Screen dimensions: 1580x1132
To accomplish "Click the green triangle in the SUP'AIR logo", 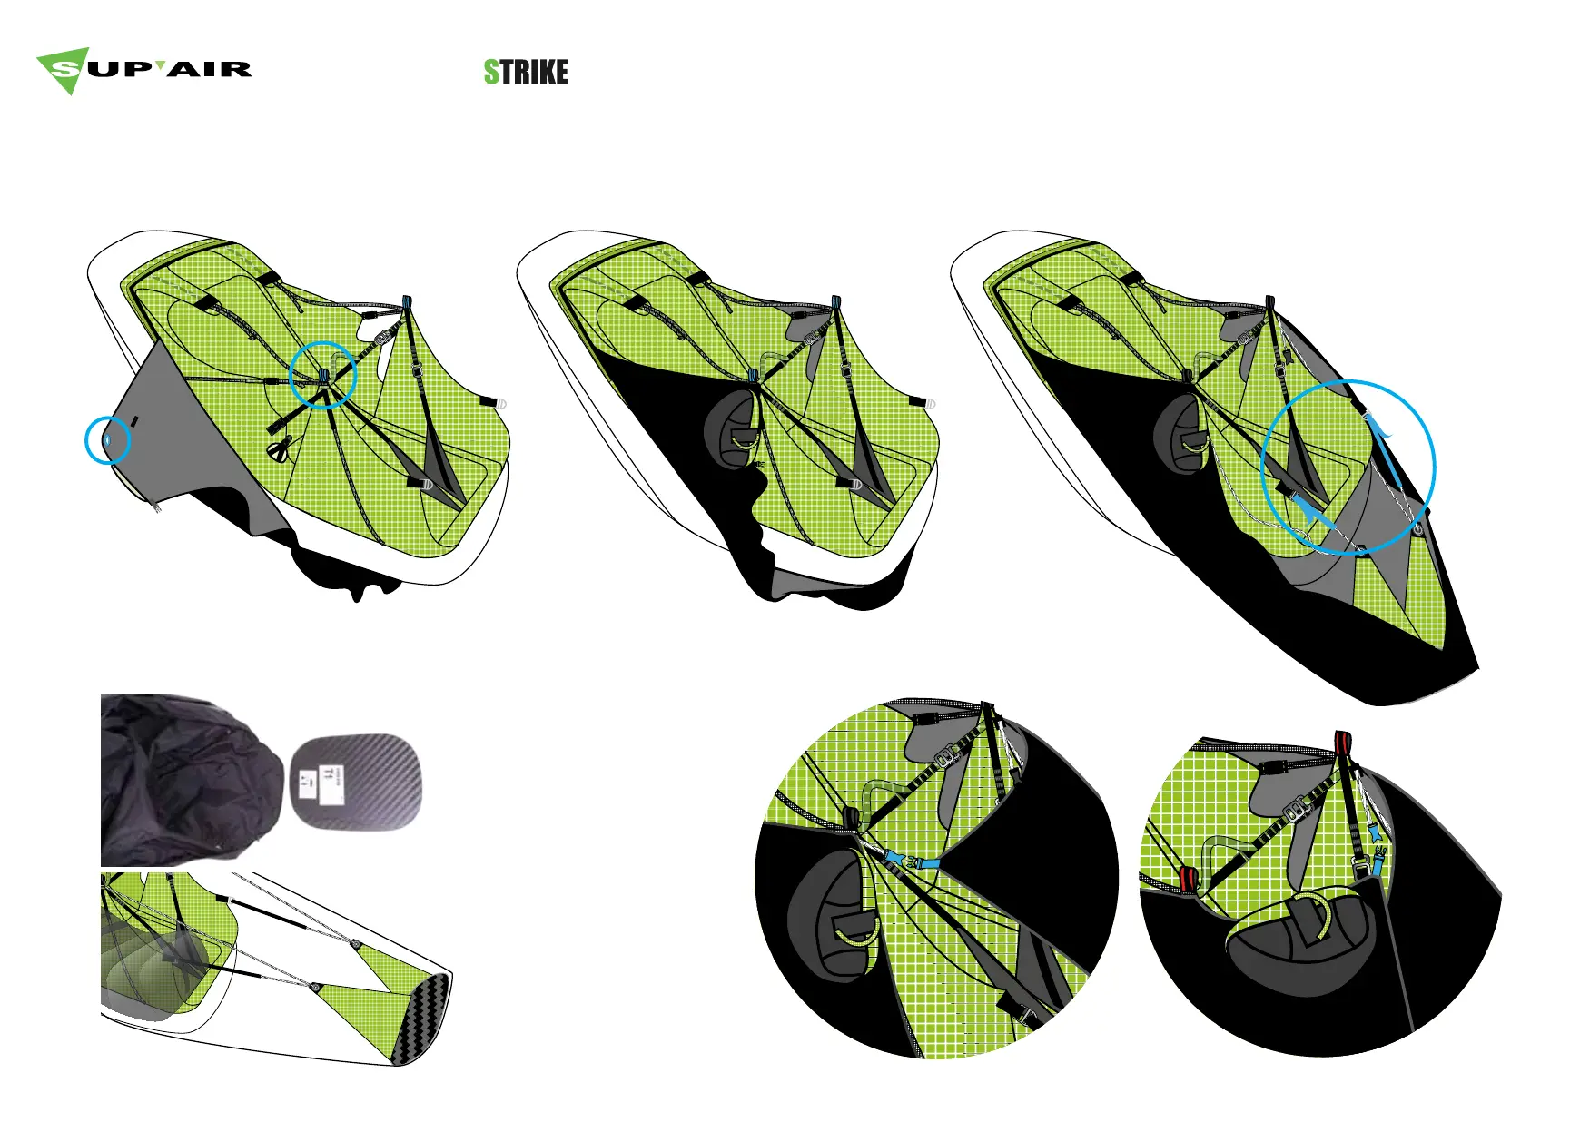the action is [x=64, y=71].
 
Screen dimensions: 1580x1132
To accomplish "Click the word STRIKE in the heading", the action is [x=526, y=72].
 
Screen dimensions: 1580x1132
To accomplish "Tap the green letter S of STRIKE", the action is [x=491, y=72].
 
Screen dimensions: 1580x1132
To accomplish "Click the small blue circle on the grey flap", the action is [x=108, y=440].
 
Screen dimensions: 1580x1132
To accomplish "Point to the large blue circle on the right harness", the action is [x=1348, y=467].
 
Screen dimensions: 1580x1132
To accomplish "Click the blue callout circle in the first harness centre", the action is [x=322, y=374].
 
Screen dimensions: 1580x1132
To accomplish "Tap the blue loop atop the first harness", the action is [x=407, y=304].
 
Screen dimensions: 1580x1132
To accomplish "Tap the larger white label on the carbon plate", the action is [x=333, y=784].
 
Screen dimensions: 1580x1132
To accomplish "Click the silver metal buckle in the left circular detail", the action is [x=949, y=753].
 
